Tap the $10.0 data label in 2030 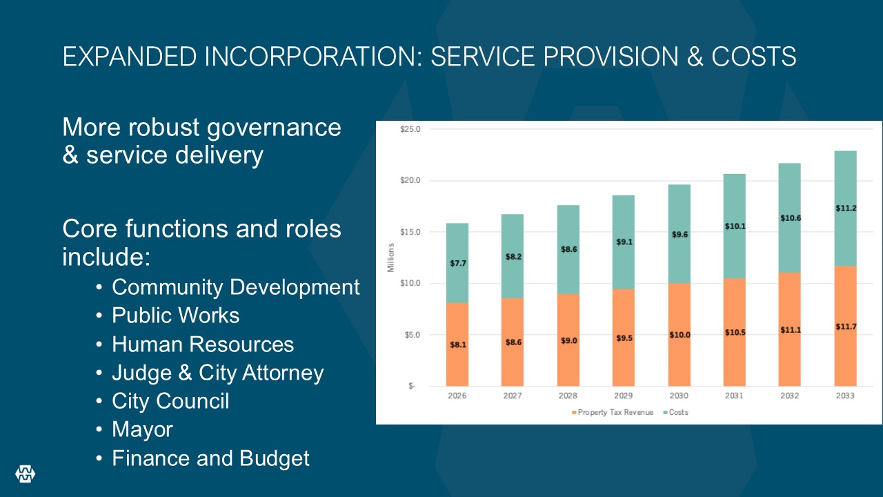pyautogui.click(x=679, y=335)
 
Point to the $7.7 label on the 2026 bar pyautogui.click(x=457, y=264)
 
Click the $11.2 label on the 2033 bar pyautogui.click(x=845, y=208)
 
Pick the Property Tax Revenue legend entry pyautogui.click(x=612, y=412)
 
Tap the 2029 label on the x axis pyautogui.click(x=624, y=396)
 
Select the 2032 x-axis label pyautogui.click(x=790, y=396)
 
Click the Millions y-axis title pyautogui.click(x=390, y=257)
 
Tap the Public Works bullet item pyautogui.click(x=175, y=315)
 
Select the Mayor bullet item pyautogui.click(x=142, y=429)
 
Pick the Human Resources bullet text pyautogui.click(x=203, y=344)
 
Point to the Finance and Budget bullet pyautogui.click(x=210, y=458)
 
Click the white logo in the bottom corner pyautogui.click(x=26, y=474)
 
